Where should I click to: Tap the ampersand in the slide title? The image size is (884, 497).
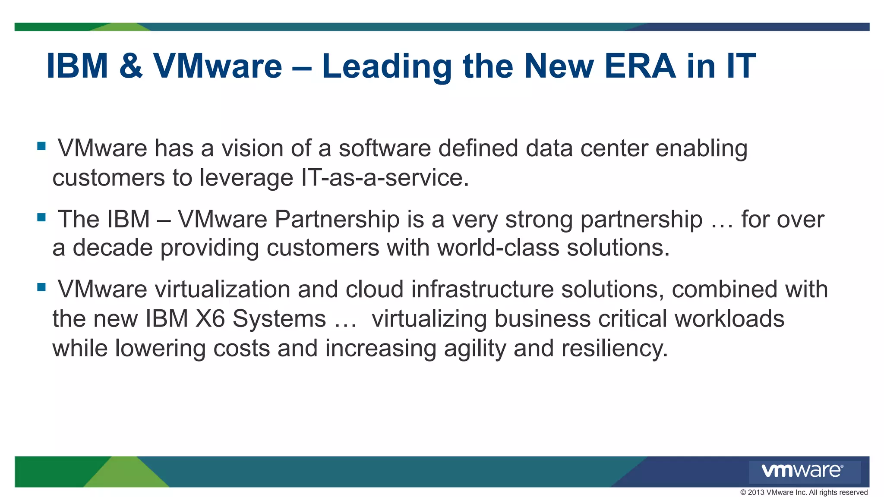[x=130, y=66]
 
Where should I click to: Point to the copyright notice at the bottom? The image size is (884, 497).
[x=804, y=492]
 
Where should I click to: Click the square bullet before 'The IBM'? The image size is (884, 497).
[x=41, y=217]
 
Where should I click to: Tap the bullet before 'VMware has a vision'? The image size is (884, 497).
[x=41, y=146]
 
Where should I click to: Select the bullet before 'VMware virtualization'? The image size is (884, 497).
[x=41, y=287]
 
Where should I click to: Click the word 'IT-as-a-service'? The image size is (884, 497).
[x=384, y=177]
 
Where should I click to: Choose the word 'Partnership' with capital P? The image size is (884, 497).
[x=337, y=219]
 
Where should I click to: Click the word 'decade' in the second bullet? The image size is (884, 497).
[x=112, y=248]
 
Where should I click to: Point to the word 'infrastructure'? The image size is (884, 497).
[x=482, y=289]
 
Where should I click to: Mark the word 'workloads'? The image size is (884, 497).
[x=729, y=319]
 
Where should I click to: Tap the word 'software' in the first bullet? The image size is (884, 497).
[x=385, y=148]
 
